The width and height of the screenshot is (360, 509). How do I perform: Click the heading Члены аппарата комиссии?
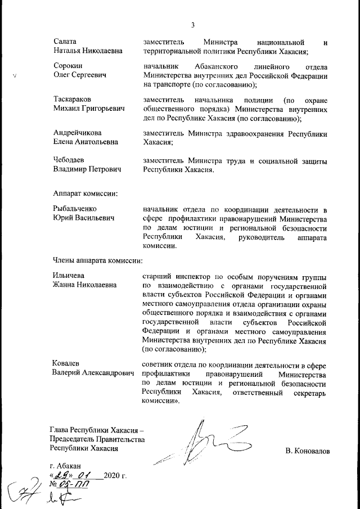[x=97, y=260]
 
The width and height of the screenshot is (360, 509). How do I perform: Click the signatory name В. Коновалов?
[x=308, y=451]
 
